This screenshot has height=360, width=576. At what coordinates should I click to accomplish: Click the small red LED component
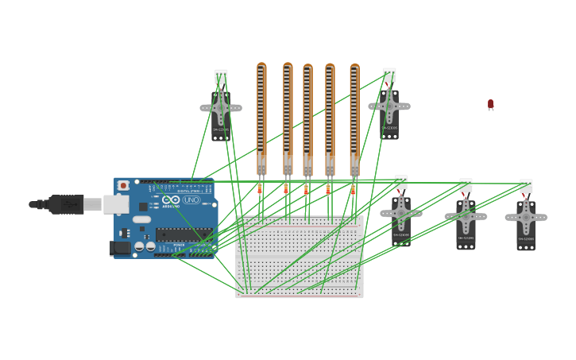(490, 104)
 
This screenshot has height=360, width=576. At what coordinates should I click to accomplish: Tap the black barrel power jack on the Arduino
(120, 248)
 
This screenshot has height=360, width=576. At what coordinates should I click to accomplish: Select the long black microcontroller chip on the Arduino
(184, 234)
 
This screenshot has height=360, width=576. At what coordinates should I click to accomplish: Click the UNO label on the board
(191, 200)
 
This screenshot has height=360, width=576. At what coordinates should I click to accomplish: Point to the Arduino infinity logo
(171, 200)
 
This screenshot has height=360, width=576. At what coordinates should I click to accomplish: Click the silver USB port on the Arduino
(116, 204)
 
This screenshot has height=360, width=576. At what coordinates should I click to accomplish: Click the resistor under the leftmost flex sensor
(260, 189)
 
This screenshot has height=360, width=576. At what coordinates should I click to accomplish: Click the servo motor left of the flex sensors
(221, 111)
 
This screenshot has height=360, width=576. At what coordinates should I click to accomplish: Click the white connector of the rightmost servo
(526, 186)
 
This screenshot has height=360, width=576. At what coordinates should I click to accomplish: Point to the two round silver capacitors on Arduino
(145, 246)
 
